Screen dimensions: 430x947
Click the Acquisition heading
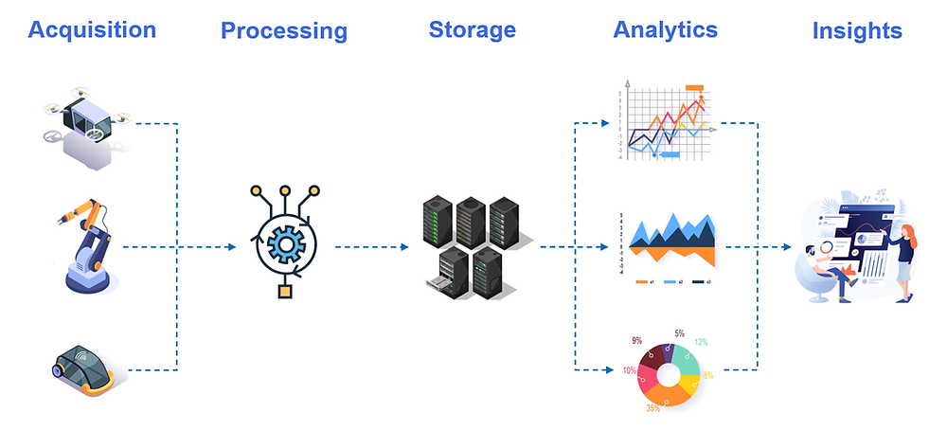coord(92,29)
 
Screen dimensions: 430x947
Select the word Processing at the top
coord(284,31)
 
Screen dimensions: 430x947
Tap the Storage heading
coord(472,29)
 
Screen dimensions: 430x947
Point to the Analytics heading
coord(665,29)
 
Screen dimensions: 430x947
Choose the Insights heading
coord(857,31)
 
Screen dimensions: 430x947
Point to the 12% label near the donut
coord(700,342)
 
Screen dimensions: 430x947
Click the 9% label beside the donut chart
coord(635,339)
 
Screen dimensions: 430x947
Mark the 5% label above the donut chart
coord(679,333)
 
